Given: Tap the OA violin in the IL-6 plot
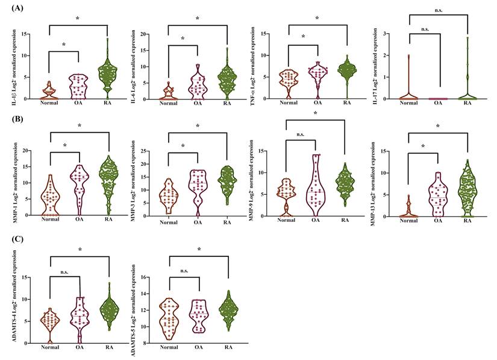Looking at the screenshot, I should coord(197,81).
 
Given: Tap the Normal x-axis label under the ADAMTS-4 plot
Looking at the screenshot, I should coord(49,347).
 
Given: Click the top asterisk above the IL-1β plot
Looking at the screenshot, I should coord(78,19).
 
